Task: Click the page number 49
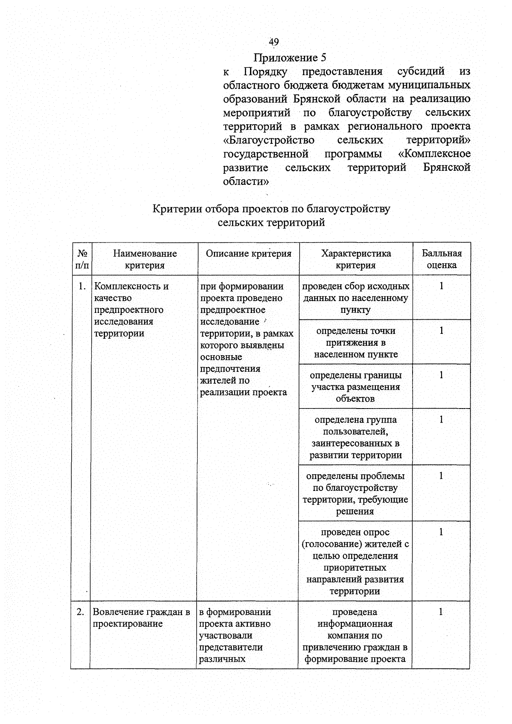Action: pos(273,42)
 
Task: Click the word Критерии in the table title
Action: pos(177,209)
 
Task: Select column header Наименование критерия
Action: pos(145,259)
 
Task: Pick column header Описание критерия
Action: pos(248,254)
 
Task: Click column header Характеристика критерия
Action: pos(356,259)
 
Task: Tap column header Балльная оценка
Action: pos(442,259)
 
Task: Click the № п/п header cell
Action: pos(82,259)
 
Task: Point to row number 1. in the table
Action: pos(82,286)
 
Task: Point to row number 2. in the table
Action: pos(80,612)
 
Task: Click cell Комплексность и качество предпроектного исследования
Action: pos(131,309)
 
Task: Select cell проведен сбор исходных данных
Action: pos(355,298)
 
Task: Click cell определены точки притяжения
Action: pos(355,342)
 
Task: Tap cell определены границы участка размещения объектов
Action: pos(355,387)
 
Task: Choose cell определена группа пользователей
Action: pos(355,437)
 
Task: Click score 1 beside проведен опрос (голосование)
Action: pos(441,532)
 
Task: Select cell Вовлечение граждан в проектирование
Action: pos(141,618)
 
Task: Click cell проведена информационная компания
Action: pos(355,635)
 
